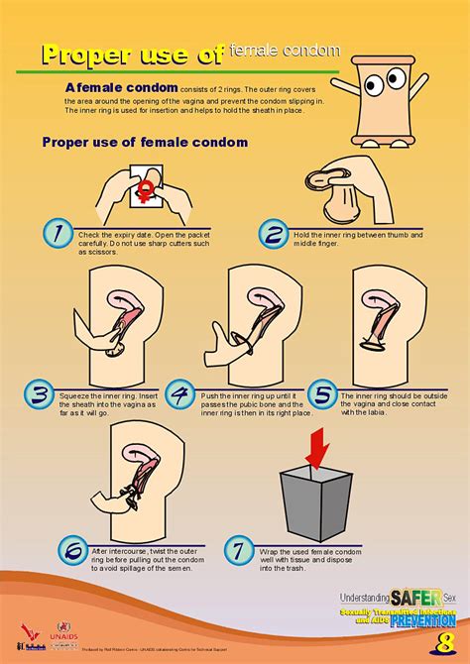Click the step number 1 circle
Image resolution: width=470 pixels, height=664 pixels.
[x=58, y=235]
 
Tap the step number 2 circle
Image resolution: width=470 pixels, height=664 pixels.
[x=273, y=236]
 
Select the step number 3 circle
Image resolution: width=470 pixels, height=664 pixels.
[x=38, y=396]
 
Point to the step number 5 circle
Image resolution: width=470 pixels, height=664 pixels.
[x=323, y=396]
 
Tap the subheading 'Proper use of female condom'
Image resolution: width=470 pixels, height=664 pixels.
[x=145, y=142]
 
